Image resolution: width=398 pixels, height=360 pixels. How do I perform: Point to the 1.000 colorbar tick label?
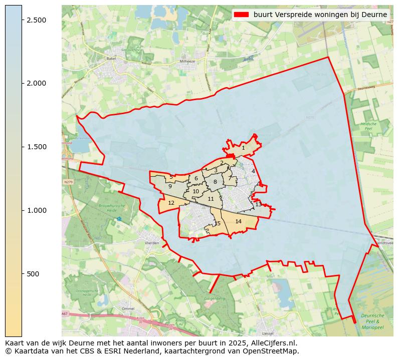click(x=36, y=210)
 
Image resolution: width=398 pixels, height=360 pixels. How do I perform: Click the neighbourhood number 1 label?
click(x=243, y=148)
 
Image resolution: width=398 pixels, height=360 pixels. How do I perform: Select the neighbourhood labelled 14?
click(x=239, y=221)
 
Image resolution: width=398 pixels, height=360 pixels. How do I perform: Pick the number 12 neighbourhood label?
click(x=171, y=203)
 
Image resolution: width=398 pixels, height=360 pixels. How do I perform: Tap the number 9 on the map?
click(x=170, y=186)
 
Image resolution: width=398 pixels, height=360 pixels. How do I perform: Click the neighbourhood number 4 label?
click(x=253, y=171)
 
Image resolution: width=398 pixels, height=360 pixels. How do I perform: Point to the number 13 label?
click(x=258, y=204)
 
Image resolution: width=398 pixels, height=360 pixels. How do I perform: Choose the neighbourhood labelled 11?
click(x=211, y=199)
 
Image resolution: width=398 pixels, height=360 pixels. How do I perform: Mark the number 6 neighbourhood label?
click(x=196, y=178)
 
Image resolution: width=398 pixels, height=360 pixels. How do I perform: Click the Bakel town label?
click(x=111, y=59)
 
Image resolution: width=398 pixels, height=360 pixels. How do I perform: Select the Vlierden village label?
click(x=151, y=243)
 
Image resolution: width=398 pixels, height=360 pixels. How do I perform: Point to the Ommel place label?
click(x=128, y=309)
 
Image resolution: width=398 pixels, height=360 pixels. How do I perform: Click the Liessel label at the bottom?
click(x=268, y=333)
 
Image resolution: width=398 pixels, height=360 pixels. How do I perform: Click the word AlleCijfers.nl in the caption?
click(x=274, y=343)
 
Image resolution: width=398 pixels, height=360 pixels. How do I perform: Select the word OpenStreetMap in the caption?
click(x=274, y=351)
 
